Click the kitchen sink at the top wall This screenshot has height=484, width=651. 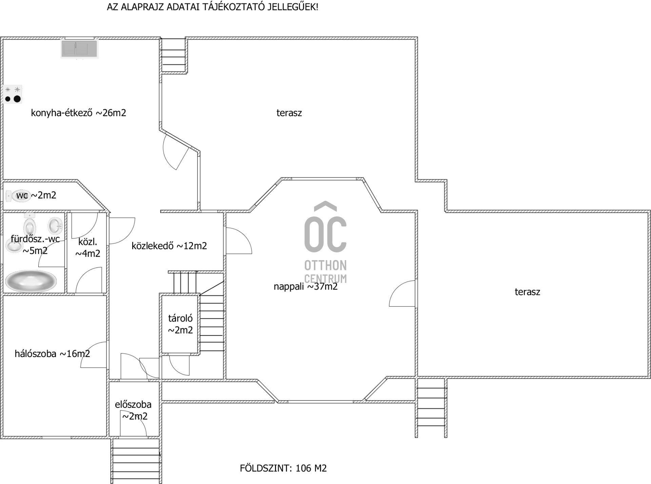pyautogui.click(x=79, y=49)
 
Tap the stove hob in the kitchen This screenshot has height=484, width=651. pyautogui.click(x=13, y=94)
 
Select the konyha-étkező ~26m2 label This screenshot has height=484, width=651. pyautogui.click(x=78, y=113)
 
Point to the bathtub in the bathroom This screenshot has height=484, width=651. pyautogui.click(x=31, y=281)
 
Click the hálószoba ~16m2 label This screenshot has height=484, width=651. pyautogui.click(x=52, y=354)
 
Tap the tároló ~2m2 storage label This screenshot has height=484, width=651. pyautogui.click(x=180, y=324)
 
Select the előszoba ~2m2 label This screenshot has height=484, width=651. pyautogui.click(x=133, y=410)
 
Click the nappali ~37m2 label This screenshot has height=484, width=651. pyautogui.click(x=305, y=287)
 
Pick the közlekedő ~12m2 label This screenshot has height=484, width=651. pyautogui.click(x=169, y=246)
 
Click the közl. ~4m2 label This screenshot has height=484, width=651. pyautogui.click(x=88, y=248)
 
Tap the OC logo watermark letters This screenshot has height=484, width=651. pyautogui.click(x=325, y=227)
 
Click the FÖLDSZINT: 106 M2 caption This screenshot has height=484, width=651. pyautogui.click(x=283, y=468)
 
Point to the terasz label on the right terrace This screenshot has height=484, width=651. pyautogui.click(x=527, y=292)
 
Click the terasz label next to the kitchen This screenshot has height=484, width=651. pyautogui.click(x=289, y=113)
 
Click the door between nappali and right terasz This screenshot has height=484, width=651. pyautogui.click(x=402, y=293)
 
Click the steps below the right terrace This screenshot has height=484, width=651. pyautogui.click(x=431, y=408)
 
